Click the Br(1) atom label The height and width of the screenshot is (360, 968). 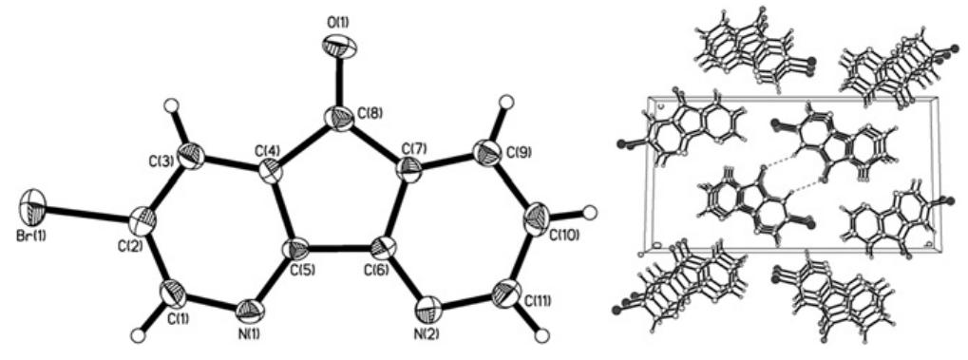point(28,232)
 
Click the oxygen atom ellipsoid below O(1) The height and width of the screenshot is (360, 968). point(339,45)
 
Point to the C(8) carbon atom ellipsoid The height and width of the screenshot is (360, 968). point(336,119)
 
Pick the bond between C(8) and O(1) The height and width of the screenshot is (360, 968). point(338,82)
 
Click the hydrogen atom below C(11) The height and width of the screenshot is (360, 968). point(542,334)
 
